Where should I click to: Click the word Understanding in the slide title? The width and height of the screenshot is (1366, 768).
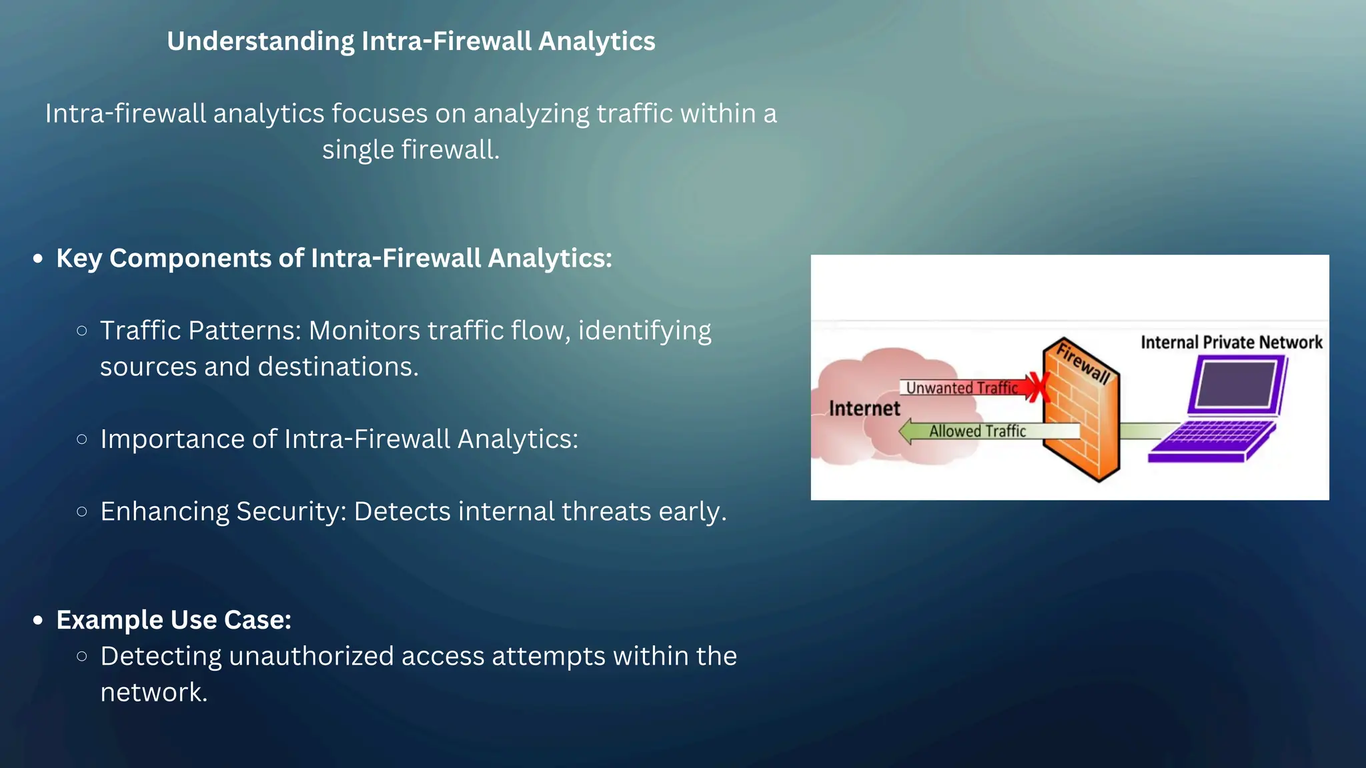(260, 41)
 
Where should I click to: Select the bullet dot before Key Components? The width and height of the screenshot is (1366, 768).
(38, 259)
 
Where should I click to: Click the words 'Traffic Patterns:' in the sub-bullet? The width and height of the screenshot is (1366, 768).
(201, 331)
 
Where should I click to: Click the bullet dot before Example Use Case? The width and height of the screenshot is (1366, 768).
(38, 621)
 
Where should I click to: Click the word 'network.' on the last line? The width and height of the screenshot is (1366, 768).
(154, 693)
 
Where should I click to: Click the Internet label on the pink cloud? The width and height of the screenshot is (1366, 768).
(864, 408)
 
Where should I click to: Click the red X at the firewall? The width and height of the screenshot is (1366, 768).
(1037, 387)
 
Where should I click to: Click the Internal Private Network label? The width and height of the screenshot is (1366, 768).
(1231, 343)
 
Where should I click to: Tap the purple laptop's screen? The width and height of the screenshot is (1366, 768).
(1236, 385)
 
